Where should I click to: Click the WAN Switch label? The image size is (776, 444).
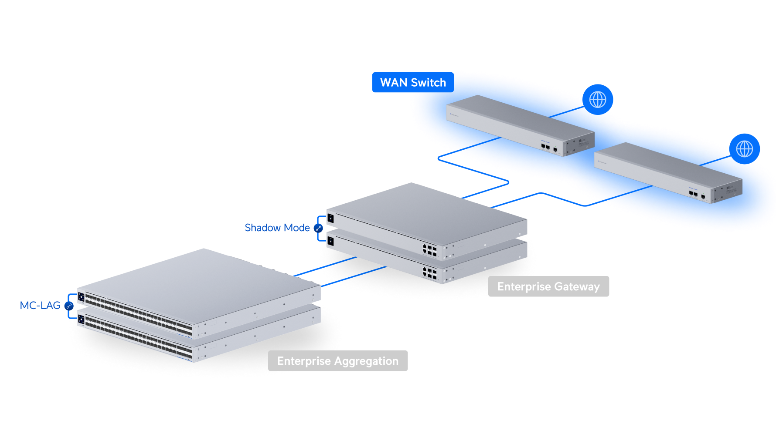[x=412, y=83]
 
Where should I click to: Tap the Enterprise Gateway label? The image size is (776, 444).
[x=548, y=286]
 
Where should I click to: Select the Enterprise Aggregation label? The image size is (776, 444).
[x=338, y=361]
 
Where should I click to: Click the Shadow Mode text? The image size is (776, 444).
[x=277, y=228]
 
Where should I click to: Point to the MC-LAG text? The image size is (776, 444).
[x=40, y=306]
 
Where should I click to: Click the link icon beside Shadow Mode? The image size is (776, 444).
[x=319, y=228]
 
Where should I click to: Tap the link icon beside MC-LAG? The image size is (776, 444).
[x=69, y=306]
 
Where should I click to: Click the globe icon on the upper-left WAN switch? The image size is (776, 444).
[x=598, y=100]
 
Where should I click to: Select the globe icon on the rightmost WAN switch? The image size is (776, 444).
[x=745, y=149]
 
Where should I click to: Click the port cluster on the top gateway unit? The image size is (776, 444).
[x=429, y=250]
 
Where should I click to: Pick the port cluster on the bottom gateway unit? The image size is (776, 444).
[x=429, y=272]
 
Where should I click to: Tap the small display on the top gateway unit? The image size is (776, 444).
[x=330, y=218]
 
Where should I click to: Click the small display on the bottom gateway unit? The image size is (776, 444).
[x=330, y=241]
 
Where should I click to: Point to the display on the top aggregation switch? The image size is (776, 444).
[x=81, y=297]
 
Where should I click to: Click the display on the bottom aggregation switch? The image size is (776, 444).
[x=81, y=320]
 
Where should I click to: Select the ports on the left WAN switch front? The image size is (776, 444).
[x=546, y=147]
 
